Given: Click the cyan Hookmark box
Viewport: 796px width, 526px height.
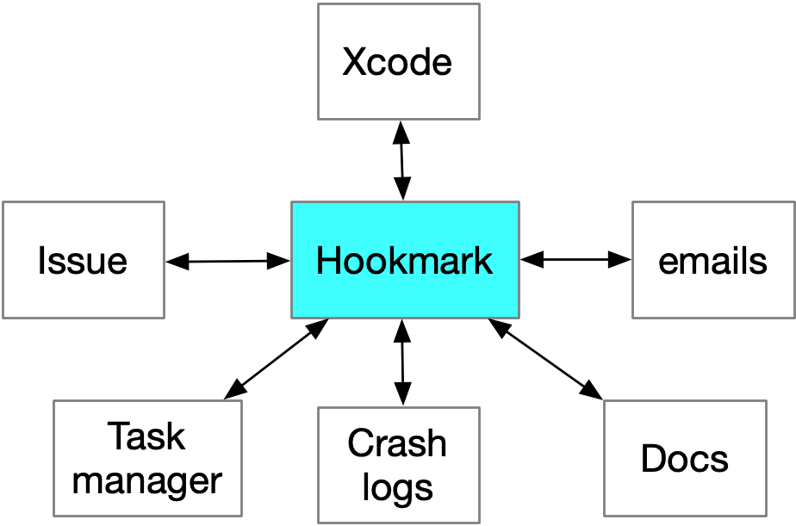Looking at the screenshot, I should click(x=405, y=259).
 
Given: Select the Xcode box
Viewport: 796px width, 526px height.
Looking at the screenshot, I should click(x=398, y=62).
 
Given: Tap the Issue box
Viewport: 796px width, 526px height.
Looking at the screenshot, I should click(x=83, y=260).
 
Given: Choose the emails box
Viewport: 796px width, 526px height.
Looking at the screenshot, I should click(x=713, y=260).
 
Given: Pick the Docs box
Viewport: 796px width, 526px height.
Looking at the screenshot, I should click(x=685, y=458).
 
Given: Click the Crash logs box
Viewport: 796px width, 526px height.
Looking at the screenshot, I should click(x=398, y=465).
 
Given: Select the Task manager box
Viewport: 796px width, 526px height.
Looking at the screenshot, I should click(x=147, y=458).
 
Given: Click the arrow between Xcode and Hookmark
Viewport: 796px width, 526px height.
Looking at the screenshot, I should click(x=401, y=160).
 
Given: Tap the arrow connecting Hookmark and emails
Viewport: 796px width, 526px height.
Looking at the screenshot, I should click(x=575, y=257).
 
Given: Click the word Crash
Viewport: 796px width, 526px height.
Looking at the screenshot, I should click(x=397, y=444).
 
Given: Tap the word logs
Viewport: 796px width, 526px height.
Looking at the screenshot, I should click(x=397, y=486).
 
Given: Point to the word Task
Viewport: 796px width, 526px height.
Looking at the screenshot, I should click(x=146, y=437).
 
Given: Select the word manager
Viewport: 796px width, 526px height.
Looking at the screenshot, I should click(x=147, y=480).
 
